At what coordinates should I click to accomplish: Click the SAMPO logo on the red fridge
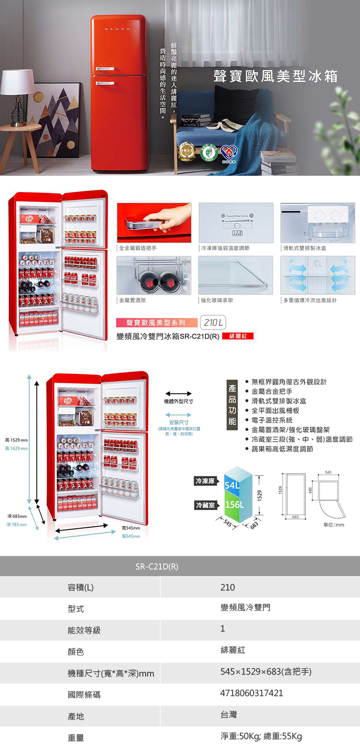117,29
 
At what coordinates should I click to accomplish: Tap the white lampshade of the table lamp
17,82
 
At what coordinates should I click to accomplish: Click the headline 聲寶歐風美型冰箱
275,77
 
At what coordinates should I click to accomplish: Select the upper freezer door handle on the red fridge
105,69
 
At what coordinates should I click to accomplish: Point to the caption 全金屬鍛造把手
138,248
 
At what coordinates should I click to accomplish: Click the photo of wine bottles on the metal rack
154,275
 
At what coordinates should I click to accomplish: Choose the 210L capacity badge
213,323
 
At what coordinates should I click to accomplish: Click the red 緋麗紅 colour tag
238,336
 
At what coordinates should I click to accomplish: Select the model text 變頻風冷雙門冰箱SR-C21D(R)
168,336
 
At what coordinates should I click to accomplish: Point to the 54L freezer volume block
232,485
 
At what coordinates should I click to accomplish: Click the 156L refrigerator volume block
234,505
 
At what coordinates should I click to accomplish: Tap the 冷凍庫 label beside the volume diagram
205,481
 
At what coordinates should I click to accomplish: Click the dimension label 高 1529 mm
16,440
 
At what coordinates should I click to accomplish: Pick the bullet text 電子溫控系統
272,420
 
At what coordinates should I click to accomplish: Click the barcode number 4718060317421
252,693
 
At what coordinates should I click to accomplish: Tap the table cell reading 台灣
229,714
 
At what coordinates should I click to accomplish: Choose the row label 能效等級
84,630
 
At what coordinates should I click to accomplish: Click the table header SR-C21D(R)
157,567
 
